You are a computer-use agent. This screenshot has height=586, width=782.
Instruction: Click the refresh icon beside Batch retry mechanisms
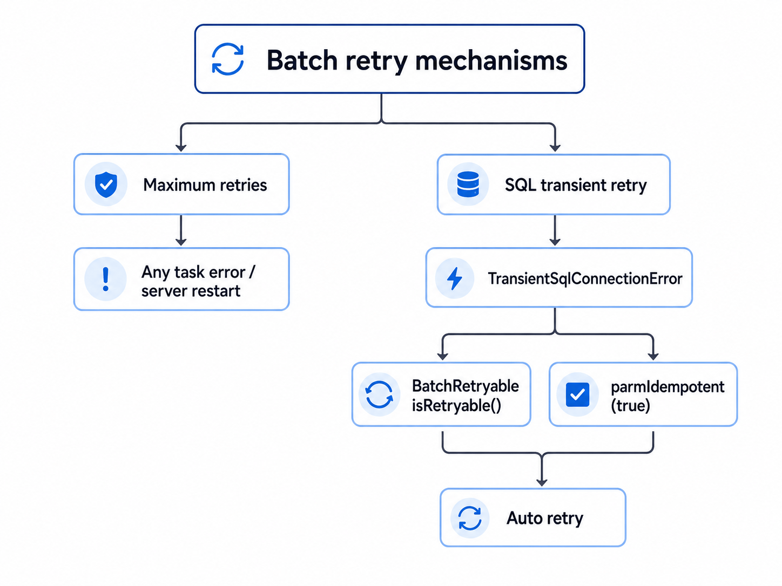[228, 59]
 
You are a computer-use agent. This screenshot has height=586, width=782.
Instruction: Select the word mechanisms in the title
[491, 60]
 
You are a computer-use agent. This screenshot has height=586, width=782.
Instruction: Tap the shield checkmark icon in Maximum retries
[106, 185]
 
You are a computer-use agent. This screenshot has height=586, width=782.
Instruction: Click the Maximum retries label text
[205, 185]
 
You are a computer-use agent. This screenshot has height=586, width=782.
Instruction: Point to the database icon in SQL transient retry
[468, 184]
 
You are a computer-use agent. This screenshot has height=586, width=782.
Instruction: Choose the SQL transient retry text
[576, 186]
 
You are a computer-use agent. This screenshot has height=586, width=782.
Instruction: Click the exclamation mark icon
[105, 280]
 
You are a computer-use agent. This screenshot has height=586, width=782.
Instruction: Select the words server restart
[191, 291]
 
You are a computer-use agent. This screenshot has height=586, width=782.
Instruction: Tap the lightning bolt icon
[455, 278]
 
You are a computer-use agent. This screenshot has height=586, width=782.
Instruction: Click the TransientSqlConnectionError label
[585, 278]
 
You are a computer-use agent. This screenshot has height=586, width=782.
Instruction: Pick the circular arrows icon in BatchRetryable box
[379, 394]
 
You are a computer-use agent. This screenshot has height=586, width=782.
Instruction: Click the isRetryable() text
[456, 405]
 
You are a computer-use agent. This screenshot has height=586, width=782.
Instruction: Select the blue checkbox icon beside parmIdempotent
[577, 394]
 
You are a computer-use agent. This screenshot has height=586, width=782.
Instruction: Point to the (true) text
[630, 406]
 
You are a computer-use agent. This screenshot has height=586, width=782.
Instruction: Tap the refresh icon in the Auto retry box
[469, 518]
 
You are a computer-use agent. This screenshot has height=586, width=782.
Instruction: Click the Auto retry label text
[545, 519]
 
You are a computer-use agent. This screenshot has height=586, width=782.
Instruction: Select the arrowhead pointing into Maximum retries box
[181, 148]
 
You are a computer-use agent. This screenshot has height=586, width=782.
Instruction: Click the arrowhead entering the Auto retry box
[542, 482]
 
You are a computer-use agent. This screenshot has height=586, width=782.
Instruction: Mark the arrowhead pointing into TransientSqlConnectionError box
[555, 242]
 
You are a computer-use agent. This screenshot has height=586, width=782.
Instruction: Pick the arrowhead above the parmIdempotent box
[653, 356]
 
